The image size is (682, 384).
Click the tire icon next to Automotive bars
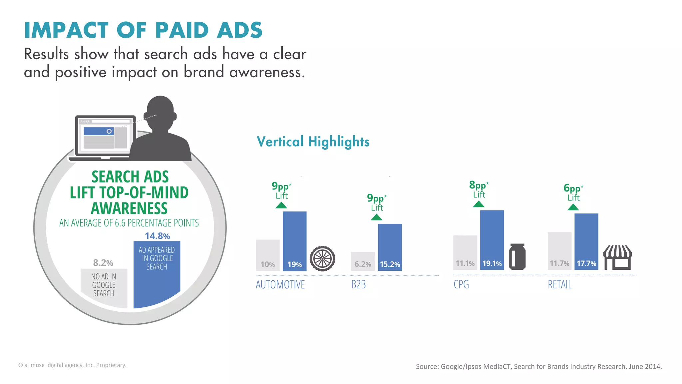coord(322,258)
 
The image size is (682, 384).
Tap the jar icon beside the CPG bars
coord(517,257)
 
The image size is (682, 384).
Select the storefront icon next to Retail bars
coord(618,257)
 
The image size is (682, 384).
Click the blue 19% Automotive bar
coord(294,241)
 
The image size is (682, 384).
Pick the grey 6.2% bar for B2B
coord(363,261)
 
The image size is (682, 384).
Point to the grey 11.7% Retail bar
coord(559,251)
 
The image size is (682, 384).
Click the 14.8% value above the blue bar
coord(157,236)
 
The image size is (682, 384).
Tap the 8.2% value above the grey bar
coord(103,263)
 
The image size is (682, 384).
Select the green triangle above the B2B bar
coord(376,217)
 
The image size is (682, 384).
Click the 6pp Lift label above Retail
coord(573,192)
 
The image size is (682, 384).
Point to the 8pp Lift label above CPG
coord(479,189)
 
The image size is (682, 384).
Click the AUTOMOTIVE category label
coord(280,285)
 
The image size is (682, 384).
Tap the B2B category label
coord(359,285)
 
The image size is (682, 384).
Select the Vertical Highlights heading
coord(313,142)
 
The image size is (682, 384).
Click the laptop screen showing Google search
coord(105,136)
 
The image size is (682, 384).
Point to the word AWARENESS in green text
coord(129,208)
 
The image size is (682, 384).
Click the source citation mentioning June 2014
coord(538,366)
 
